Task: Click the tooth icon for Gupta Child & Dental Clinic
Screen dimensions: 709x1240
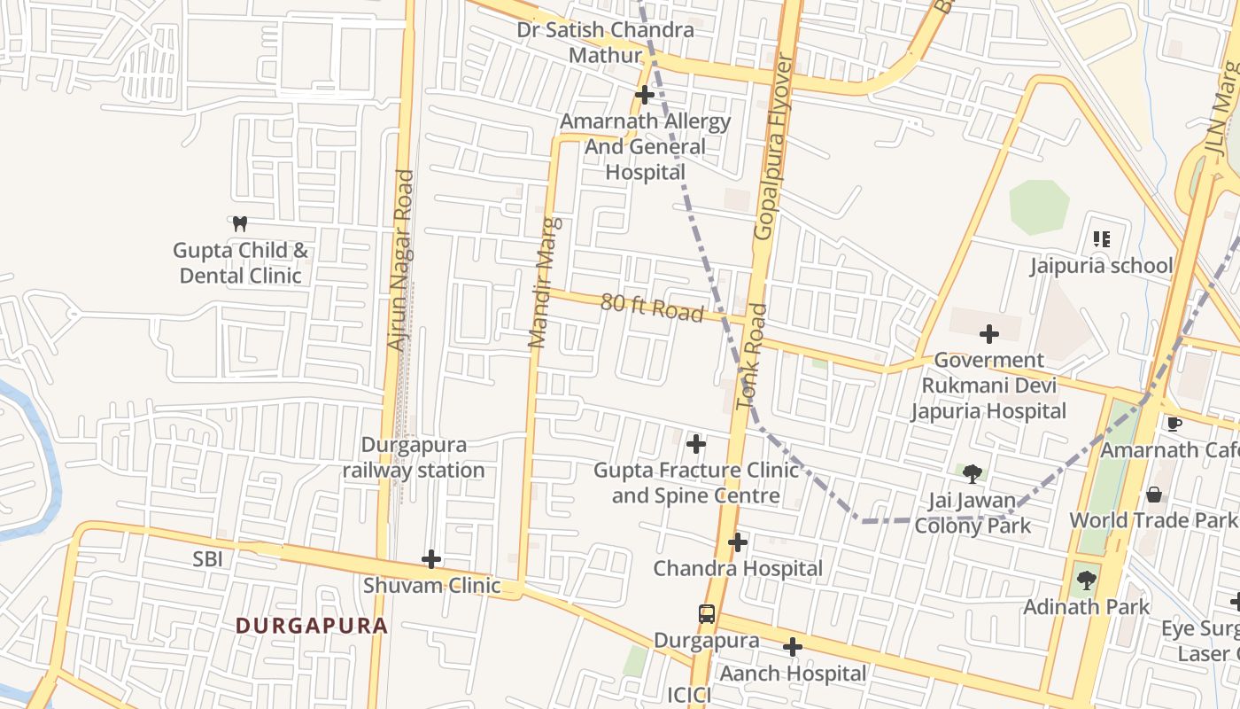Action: (239, 224)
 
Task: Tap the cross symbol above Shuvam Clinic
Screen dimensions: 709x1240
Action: (431, 559)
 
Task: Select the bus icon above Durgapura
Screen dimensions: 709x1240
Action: (707, 613)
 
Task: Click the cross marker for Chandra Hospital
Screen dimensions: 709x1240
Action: (738, 541)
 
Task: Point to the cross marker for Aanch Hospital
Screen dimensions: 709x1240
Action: (793, 647)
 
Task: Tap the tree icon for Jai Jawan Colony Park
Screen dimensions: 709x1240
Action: (973, 474)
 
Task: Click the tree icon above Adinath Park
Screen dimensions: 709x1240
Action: (1086, 580)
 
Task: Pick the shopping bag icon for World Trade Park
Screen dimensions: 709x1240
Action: (1154, 494)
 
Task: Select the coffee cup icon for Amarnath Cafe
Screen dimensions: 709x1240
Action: (1174, 424)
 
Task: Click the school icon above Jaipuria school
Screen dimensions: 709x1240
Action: (1102, 238)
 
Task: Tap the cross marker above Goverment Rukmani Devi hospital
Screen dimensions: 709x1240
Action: (989, 334)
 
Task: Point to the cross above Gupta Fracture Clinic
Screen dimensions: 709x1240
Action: (696, 443)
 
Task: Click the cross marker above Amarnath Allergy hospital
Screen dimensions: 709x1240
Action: (645, 95)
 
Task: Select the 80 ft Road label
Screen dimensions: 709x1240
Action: (652, 308)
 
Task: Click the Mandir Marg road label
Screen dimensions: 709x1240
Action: (545, 282)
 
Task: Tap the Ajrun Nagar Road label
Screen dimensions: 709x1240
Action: (402, 260)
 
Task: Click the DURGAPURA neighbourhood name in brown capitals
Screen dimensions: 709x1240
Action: (312, 626)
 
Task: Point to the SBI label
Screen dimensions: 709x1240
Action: (208, 559)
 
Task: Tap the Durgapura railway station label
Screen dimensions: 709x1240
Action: (414, 457)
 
